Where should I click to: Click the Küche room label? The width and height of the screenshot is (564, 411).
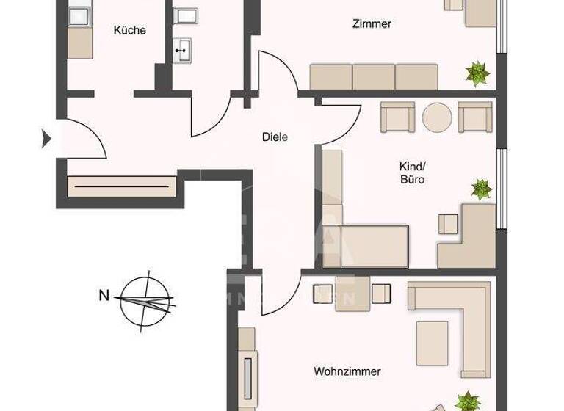129,31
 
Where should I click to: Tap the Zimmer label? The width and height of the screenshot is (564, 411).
372,24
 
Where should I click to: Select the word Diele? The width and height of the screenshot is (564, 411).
275,137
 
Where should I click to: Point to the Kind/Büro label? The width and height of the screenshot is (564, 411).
413,172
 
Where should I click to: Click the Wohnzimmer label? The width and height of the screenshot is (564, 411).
347,371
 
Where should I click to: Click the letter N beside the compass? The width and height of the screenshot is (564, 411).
104,296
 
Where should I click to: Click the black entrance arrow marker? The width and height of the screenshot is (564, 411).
47,137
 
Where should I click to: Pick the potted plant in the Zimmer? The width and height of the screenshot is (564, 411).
477,72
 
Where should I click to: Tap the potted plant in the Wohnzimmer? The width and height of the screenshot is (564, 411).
466,401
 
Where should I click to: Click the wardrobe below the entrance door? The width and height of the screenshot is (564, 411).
123,186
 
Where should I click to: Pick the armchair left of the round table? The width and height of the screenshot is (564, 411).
397,117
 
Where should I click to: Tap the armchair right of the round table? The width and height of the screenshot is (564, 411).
474,117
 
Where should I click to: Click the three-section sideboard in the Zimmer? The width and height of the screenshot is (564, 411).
374,76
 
